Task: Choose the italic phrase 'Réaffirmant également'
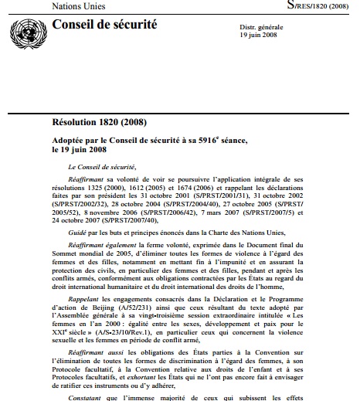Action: [115, 245]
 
